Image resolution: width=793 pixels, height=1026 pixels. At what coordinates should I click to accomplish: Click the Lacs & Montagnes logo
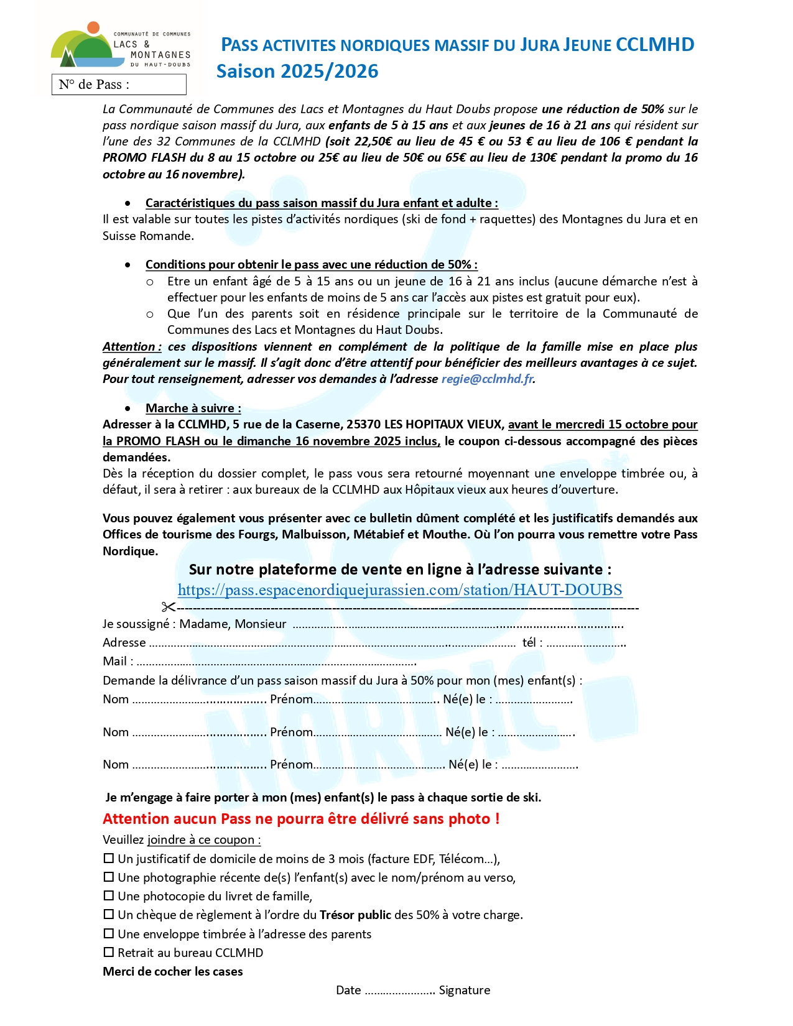click(120, 46)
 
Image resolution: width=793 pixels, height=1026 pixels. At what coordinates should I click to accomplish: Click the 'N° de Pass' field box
click(119, 85)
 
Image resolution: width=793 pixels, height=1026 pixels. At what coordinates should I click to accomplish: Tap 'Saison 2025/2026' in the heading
click(297, 72)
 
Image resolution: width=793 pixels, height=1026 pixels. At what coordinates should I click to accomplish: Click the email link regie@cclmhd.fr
click(487, 379)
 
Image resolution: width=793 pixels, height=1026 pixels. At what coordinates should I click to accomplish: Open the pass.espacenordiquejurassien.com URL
click(400, 589)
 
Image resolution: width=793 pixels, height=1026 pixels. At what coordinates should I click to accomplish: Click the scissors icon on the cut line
click(168, 607)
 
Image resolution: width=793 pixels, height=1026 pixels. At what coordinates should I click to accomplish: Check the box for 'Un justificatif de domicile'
click(109, 858)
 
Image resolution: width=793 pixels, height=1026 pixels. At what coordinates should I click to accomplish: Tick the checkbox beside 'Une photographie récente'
click(109, 877)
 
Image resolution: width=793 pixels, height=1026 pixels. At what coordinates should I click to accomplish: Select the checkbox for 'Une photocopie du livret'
click(109, 895)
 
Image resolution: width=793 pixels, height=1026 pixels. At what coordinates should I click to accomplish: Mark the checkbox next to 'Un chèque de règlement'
click(109, 914)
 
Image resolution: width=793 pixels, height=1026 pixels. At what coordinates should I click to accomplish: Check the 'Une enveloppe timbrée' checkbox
click(109, 933)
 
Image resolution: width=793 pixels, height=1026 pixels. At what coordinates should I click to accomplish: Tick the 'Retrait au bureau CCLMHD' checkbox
click(109, 952)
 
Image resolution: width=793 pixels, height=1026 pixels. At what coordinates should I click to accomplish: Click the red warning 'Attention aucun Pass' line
click(301, 818)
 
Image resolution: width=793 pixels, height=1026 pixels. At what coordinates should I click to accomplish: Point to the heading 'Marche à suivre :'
click(193, 408)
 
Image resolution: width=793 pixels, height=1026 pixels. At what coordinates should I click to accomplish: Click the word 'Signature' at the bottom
click(465, 990)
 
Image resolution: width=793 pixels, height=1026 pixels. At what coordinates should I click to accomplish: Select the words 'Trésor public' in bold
click(355, 915)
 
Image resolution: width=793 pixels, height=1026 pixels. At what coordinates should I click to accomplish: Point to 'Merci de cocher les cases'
click(173, 971)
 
